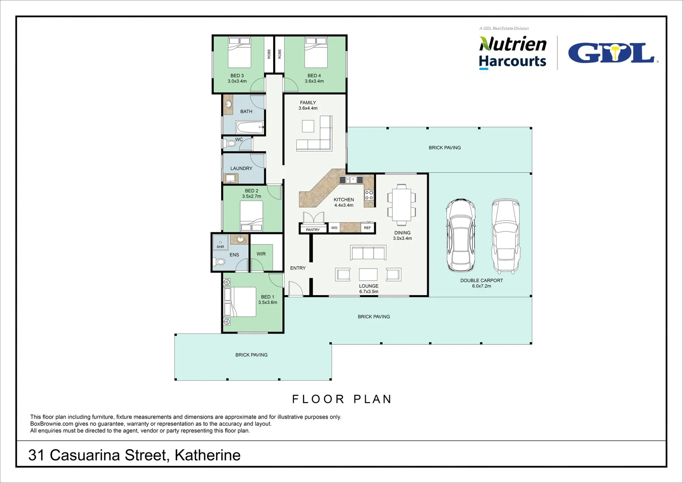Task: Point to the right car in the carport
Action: tap(506, 236)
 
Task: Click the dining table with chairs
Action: tap(401, 203)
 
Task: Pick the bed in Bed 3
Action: tap(240, 53)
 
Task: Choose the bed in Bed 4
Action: tap(316, 53)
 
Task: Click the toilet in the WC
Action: tap(230, 144)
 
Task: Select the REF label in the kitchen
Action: tap(367, 228)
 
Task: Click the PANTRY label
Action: tap(313, 230)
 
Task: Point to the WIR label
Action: tap(261, 254)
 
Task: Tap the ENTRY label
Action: tap(298, 268)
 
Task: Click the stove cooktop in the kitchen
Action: tap(369, 195)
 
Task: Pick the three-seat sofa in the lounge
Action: tap(368, 253)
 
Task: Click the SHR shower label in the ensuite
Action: tap(220, 247)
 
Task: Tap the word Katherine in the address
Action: tap(207, 455)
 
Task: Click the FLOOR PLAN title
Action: tap(342, 399)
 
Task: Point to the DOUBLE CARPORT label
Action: tap(481, 281)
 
